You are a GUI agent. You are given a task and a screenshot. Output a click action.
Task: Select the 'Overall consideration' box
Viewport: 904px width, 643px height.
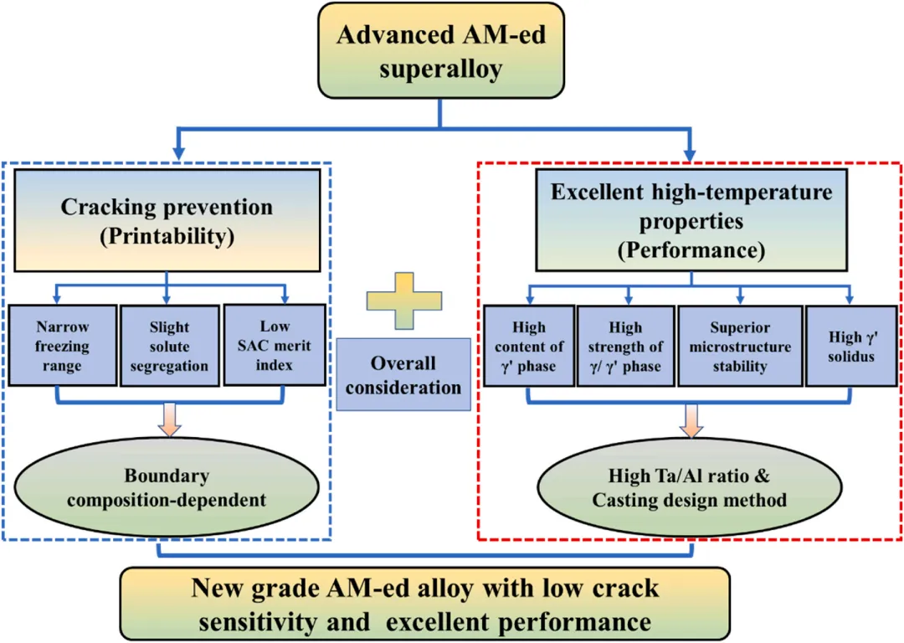click(403, 374)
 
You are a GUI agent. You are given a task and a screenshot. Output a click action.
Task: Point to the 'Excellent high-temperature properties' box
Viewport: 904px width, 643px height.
click(691, 219)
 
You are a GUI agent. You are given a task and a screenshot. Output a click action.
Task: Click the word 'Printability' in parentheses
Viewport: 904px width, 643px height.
click(167, 237)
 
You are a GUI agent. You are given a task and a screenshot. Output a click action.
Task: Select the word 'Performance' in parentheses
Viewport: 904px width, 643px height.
click(691, 249)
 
